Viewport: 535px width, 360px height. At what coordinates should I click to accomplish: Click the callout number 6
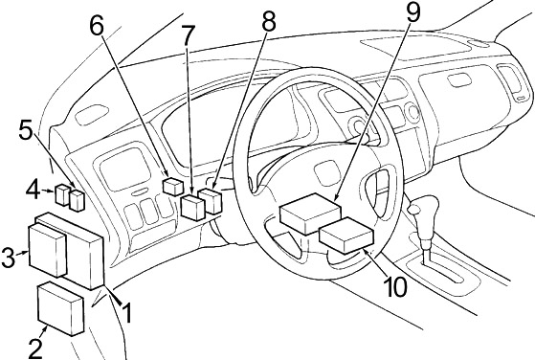tap(97, 26)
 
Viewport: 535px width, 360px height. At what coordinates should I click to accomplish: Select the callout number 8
tap(269, 21)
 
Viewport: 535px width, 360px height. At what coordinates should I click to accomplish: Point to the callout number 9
tap(413, 11)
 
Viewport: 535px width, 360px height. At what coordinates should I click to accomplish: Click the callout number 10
tap(395, 286)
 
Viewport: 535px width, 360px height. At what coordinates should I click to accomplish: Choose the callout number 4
tap(33, 191)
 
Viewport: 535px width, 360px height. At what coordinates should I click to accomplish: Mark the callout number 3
tap(9, 257)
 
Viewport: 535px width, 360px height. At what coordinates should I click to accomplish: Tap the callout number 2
tap(34, 349)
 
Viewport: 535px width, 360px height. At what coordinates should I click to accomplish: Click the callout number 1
tap(126, 313)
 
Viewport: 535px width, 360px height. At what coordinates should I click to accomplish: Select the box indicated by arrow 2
tap(60, 309)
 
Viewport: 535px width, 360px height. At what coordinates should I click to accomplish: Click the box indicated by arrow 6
tap(173, 187)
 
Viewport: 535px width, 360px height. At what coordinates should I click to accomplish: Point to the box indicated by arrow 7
tap(193, 207)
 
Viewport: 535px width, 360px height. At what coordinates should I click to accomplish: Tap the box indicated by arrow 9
tap(310, 214)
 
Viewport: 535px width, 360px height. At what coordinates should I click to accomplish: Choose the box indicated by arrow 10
tap(346, 235)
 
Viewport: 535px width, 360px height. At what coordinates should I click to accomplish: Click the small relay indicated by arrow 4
tap(63, 195)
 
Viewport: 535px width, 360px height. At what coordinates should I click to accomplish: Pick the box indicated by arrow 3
tap(48, 250)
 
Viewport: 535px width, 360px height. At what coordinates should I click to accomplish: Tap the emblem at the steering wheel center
tap(325, 173)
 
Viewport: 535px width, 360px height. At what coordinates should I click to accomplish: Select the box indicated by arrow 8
tap(211, 201)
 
